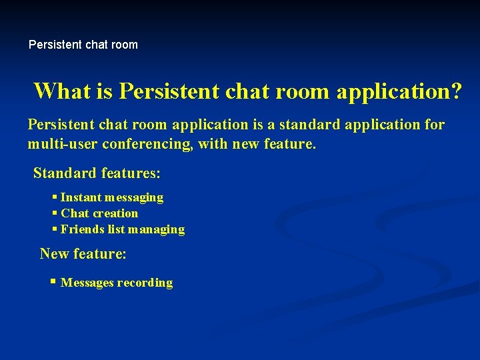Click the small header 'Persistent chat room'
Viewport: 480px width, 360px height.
83,45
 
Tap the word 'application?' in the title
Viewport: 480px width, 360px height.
398,91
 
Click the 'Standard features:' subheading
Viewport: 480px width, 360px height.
97,174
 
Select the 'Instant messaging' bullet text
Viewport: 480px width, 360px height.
111,197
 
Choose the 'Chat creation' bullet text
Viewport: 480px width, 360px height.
99,213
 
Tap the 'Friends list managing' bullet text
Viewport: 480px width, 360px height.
123,229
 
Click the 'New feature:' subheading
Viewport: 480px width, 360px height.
83,254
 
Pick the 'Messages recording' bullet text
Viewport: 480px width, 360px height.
117,283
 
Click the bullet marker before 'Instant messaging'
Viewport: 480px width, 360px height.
54,197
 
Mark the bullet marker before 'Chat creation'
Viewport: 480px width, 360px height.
54,213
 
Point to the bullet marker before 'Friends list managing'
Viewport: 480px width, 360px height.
54,229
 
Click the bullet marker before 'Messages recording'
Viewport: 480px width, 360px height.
54,282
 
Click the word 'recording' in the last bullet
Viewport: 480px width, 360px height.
145,283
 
